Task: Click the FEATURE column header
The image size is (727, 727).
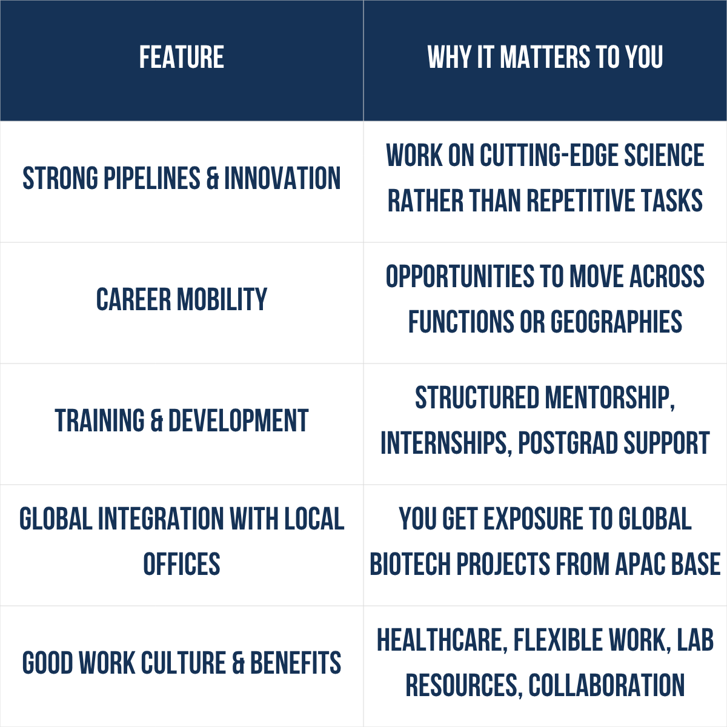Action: tap(182, 58)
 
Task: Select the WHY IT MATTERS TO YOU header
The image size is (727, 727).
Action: tap(545, 58)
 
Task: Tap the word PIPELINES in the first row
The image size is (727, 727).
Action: tap(151, 178)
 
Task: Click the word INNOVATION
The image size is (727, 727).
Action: tap(282, 178)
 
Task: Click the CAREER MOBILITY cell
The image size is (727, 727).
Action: tap(182, 299)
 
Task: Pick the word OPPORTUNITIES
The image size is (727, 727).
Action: tap(460, 276)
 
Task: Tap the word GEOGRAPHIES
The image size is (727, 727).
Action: tap(616, 322)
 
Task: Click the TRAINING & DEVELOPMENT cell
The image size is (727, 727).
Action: tap(182, 420)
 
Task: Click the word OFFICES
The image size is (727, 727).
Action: tap(182, 564)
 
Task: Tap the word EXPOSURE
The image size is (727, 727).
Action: tap(534, 519)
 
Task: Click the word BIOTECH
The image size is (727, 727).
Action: tap(410, 564)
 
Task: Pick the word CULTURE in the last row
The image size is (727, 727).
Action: tap(184, 663)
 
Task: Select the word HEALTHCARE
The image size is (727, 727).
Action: tap(442, 640)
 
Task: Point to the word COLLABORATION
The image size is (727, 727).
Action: tap(606, 685)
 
